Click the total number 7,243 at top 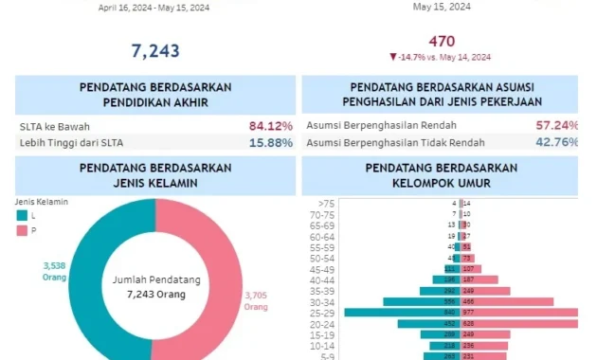pos(154,50)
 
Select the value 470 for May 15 pos(442,41)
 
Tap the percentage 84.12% pos(271,125)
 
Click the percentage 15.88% pos(271,143)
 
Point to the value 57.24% pos(556,125)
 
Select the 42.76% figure pos(556,142)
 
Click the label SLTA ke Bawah pos(55,126)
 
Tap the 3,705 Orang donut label pos(256,300)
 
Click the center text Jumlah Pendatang pos(155,281)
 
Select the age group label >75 pos(327,203)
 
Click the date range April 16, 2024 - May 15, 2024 pos(154,7)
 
